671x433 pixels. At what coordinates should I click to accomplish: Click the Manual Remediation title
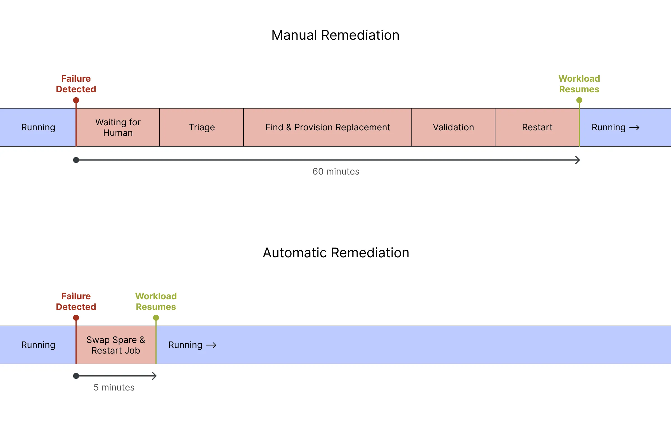click(x=335, y=35)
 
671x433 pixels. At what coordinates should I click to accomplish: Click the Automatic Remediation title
click(x=336, y=253)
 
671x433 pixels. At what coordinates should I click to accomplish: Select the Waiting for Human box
click(x=118, y=127)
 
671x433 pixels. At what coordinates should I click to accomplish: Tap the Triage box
click(x=202, y=127)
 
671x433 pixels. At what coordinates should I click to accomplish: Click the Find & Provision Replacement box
click(x=327, y=127)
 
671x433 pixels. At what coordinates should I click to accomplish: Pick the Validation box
click(x=453, y=127)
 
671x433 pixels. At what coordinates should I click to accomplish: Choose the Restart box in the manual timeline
click(x=537, y=127)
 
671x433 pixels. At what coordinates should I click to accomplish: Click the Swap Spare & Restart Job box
click(x=116, y=345)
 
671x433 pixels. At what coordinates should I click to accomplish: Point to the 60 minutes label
click(x=336, y=171)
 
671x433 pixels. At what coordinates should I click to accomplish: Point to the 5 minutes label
click(x=114, y=387)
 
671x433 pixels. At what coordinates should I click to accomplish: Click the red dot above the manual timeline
click(x=76, y=100)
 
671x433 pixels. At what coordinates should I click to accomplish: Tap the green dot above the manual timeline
click(x=579, y=100)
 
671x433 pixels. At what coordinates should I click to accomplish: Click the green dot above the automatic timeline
click(x=156, y=318)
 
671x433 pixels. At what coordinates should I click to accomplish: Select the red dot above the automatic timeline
click(x=76, y=318)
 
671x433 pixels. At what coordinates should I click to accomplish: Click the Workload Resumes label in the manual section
click(x=579, y=84)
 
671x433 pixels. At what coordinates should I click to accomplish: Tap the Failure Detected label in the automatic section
click(x=76, y=302)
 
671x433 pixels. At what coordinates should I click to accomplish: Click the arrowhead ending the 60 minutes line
click(x=578, y=160)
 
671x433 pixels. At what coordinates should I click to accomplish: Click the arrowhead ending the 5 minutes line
click(x=154, y=376)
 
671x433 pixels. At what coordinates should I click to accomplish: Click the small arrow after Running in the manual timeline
click(x=634, y=128)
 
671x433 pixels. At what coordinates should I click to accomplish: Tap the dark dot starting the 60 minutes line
click(x=76, y=160)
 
